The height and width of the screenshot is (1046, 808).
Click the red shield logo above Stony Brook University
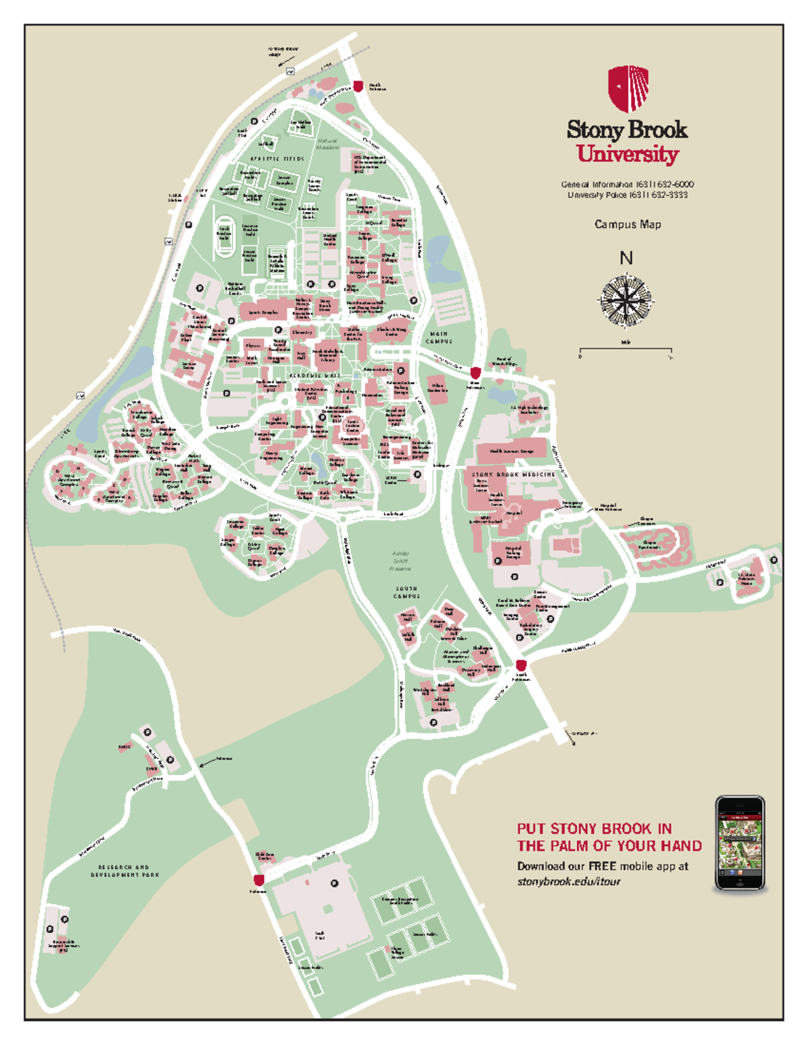point(628,88)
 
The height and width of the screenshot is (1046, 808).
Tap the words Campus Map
point(628,224)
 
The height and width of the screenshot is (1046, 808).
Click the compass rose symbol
point(626,299)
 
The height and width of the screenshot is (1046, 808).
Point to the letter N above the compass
point(626,258)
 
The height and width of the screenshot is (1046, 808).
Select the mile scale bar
point(626,350)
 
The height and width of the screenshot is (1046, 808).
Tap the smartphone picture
point(740,844)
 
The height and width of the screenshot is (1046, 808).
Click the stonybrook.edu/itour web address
point(568,881)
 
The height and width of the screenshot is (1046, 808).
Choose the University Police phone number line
point(627,195)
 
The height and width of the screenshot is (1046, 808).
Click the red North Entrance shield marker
point(358,86)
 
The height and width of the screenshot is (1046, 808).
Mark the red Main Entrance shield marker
point(475,373)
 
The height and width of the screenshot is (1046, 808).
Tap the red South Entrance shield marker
point(520,665)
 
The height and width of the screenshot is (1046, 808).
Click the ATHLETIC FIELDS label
point(277,159)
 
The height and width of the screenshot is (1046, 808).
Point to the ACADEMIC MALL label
point(314,375)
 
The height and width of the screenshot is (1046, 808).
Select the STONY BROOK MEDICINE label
point(513,474)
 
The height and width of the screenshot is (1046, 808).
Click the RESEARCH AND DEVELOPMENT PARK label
point(125,871)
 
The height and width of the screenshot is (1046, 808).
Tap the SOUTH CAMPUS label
point(407,592)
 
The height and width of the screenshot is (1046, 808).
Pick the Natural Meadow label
point(328,144)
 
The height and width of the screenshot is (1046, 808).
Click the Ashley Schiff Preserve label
point(400,561)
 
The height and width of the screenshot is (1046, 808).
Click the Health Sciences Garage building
point(512,451)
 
